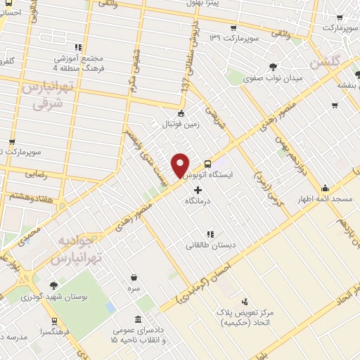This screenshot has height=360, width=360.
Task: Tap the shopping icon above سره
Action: [134, 277]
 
